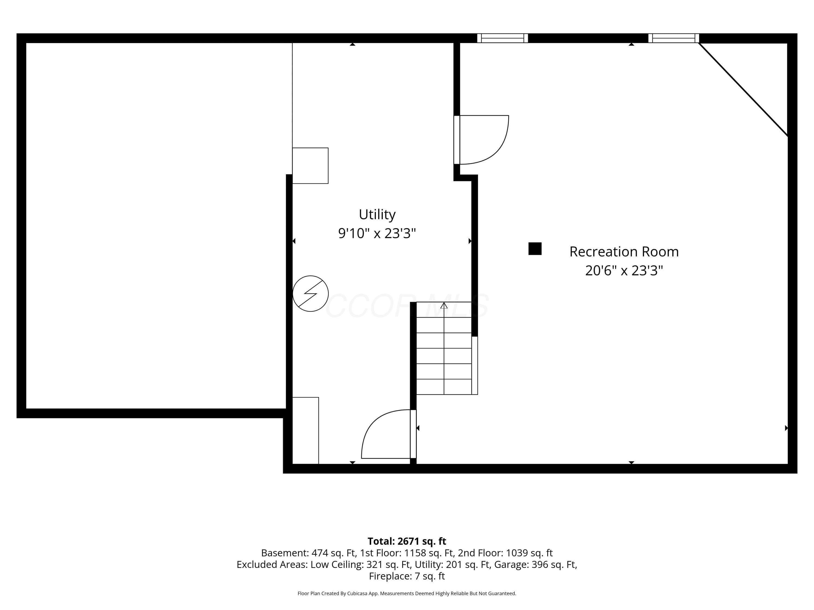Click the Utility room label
pos(377,214)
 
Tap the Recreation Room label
pos(624,252)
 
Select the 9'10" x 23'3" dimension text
pos(377,233)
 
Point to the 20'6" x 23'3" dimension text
pos(624,270)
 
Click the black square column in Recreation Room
pos(535,249)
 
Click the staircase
pos(444,348)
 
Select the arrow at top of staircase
pos(444,305)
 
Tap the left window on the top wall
pos(503,38)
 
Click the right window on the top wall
pos(674,38)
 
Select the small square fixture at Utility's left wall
pos(310,165)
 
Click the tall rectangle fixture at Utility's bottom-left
pos(306,431)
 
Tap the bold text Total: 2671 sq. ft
pos(407,541)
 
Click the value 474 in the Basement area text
pos(319,553)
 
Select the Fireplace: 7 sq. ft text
pos(407,576)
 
